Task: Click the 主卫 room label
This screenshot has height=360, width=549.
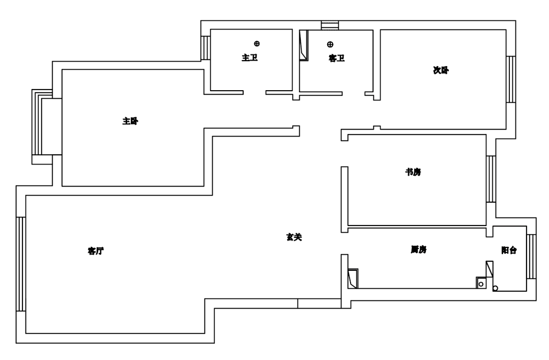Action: point(249,58)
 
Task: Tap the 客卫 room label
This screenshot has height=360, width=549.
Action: point(337,59)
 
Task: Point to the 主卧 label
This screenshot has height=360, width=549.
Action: point(130,121)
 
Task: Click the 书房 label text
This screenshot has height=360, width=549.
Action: point(413,173)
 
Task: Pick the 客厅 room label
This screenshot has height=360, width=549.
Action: point(96,251)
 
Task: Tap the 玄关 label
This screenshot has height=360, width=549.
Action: point(294,237)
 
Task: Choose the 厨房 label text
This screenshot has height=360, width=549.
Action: point(418,250)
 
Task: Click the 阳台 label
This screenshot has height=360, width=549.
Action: point(509,250)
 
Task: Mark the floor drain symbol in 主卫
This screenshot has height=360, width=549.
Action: point(257,44)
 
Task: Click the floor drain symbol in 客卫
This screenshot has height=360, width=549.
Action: point(330,44)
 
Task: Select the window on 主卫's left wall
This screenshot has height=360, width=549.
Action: point(206,47)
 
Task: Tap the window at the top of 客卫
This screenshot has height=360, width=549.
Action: point(330,25)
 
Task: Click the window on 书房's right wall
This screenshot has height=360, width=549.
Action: point(491,179)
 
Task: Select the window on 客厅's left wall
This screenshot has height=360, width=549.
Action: point(21,264)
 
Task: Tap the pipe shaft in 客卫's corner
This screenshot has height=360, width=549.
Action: point(304,46)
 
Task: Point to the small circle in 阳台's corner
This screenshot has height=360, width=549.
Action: point(495,289)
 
